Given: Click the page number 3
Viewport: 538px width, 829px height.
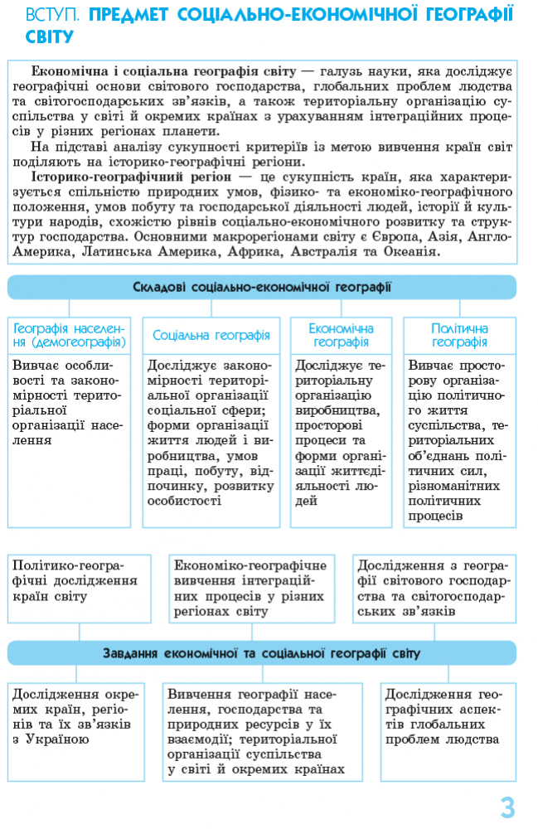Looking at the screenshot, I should (x=507, y=807).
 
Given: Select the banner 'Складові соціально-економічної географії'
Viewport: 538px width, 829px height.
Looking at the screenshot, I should (x=262, y=287).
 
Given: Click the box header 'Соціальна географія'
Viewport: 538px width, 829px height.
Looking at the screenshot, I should (x=211, y=336).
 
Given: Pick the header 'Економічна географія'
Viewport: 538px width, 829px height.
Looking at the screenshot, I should (x=342, y=336).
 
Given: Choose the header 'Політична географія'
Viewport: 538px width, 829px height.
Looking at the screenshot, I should (x=459, y=336).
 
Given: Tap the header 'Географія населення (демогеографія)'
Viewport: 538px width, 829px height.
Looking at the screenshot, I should (x=70, y=336).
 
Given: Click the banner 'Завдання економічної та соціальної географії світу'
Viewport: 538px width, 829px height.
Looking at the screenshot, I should (x=262, y=653).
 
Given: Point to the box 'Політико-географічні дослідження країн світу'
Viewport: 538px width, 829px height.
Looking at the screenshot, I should (x=80, y=588).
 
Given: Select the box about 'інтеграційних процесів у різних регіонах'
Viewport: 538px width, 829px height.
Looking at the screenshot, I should (x=251, y=588).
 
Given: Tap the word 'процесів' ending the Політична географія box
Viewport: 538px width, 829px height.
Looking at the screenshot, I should (x=435, y=516).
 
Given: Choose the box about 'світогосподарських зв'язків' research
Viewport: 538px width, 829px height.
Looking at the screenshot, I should (x=434, y=588).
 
